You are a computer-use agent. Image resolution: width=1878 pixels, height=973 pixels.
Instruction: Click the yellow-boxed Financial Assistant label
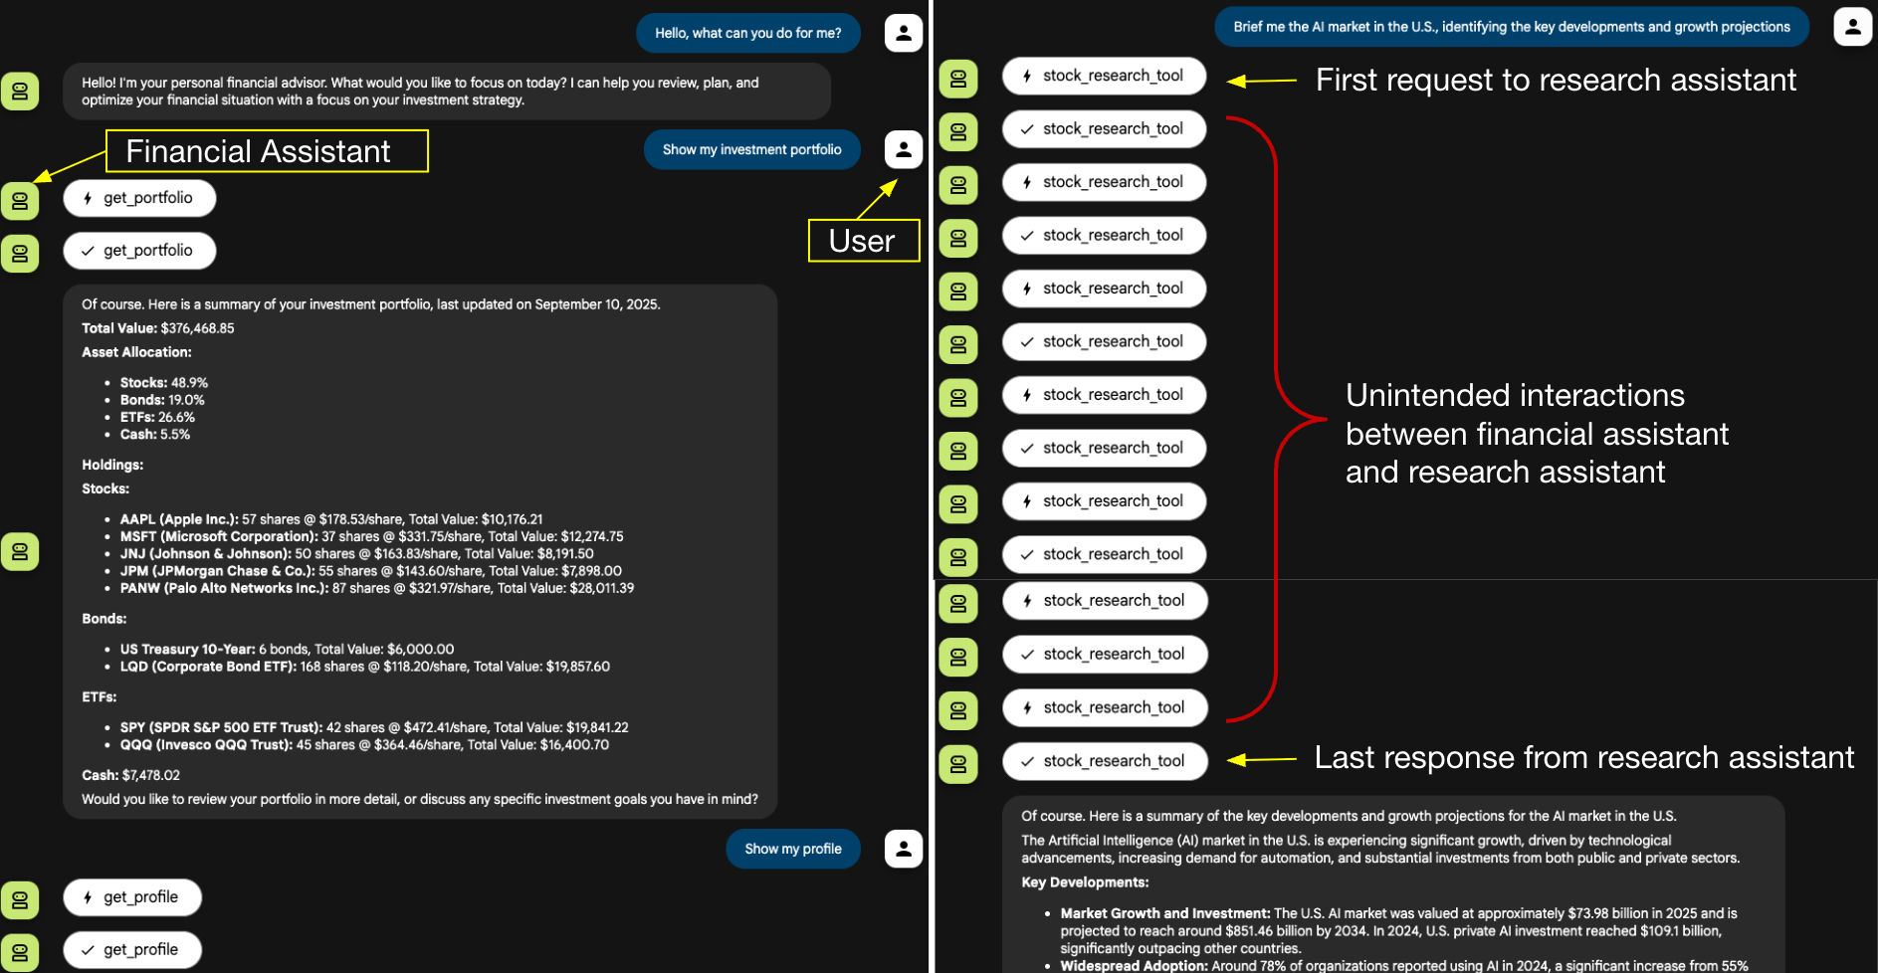click(x=267, y=151)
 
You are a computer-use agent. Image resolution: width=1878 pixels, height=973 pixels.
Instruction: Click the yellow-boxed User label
click(x=863, y=241)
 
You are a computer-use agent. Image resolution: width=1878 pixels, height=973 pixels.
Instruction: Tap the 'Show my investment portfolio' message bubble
click(x=751, y=150)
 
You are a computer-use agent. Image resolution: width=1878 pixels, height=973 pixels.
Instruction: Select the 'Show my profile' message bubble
click(x=792, y=849)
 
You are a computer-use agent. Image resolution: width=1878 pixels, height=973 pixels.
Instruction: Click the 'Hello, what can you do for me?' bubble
click(x=747, y=33)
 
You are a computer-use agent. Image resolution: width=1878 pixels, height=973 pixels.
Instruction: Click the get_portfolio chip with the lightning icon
click(x=139, y=198)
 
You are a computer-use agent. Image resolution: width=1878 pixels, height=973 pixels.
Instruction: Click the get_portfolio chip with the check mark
click(x=139, y=251)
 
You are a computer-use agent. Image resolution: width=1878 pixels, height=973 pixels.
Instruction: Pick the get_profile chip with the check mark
click(x=132, y=950)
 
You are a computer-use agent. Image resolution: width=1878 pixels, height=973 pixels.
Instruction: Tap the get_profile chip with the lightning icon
click(x=132, y=897)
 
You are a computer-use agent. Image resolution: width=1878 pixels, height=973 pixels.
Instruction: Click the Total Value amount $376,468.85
click(x=197, y=328)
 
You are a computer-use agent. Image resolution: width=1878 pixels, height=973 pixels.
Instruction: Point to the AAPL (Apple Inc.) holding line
click(x=331, y=519)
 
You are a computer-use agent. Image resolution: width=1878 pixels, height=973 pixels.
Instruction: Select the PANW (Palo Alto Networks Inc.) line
click(x=376, y=588)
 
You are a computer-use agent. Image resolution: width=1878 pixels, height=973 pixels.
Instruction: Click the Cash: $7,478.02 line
click(x=130, y=775)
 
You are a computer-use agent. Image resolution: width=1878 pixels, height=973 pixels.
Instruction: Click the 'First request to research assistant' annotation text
click(x=1555, y=81)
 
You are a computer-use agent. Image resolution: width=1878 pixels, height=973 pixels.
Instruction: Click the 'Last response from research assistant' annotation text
click(x=1583, y=758)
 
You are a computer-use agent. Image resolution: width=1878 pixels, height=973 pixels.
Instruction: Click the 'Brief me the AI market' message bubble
click(x=1511, y=27)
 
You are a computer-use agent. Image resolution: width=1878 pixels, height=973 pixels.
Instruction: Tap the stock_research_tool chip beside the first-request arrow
click(x=1104, y=76)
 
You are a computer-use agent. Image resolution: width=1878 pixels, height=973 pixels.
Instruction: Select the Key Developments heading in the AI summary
click(x=1085, y=882)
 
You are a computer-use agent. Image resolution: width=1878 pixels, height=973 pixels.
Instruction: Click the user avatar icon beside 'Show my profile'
click(x=903, y=849)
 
